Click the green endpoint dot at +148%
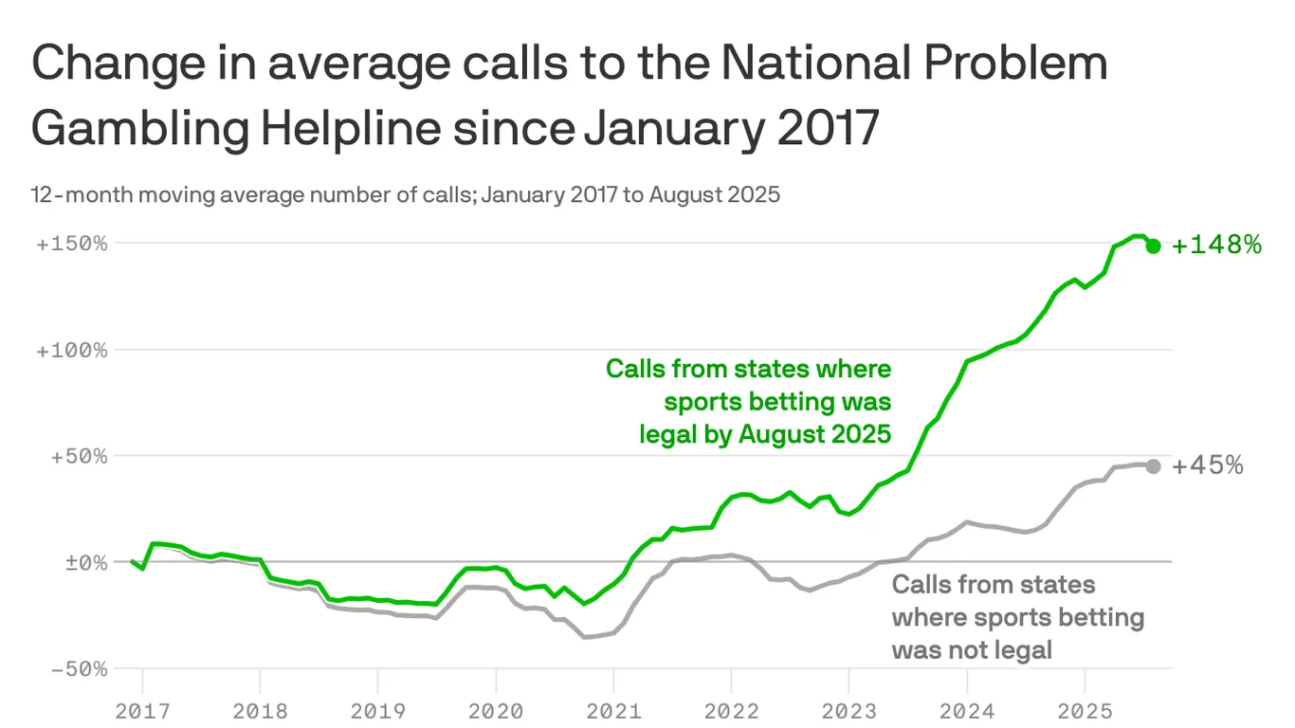click(x=1153, y=246)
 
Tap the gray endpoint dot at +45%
click(x=1153, y=466)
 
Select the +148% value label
click(x=1217, y=246)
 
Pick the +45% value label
click(x=1208, y=465)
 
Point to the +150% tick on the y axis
click(x=72, y=244)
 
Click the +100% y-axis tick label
click(x=72, y=350)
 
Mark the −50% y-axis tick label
click(x=78, y=668)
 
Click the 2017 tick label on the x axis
click(x=142, y=710)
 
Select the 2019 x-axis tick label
click(x=377, y=710)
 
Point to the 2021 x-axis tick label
click(x=613, y=710)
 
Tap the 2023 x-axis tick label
click(x=848, y=710)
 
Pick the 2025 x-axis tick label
click(x=1085, y=710)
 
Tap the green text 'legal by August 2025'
click(x=765, y=434)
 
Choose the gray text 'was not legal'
click(x=972, y=649)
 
